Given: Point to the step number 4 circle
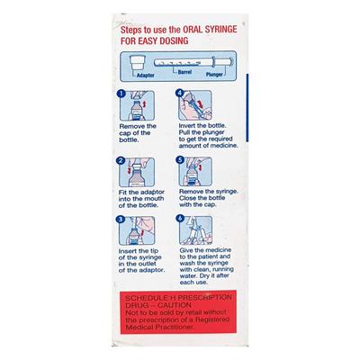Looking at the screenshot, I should pos(181,94).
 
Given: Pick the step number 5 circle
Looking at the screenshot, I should pos(181,162).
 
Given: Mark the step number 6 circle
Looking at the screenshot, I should pos(181,219).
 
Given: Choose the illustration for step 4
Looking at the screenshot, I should pos(195,106).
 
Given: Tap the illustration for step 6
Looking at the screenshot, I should pos(195,231).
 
